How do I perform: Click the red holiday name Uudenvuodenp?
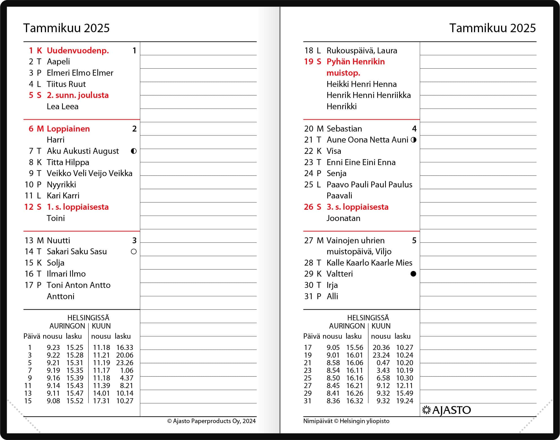(x=78, y=51)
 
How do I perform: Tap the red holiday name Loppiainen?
(x=68, y=129)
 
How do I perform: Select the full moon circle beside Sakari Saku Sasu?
(x=134, y=251)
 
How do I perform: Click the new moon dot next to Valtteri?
(x=413, y=274)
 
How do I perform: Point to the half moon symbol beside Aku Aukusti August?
(x=134, y=151)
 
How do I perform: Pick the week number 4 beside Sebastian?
(x=414, y=129)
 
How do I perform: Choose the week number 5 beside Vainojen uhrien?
(x=414, y=240)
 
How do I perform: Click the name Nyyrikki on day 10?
(x=61, y=185)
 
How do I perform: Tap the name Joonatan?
(x=343, y=218)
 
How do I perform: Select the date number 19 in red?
(x=309, y=62)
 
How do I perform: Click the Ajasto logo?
(x=446, y=410)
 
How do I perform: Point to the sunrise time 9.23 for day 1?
(x=53, y=347)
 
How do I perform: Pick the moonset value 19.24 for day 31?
(x=405, y=401)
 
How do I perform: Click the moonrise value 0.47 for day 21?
(x=383, y=363)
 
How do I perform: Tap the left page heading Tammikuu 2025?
(x=66, y=28)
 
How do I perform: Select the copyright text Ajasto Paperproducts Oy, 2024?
(x=212, y=421)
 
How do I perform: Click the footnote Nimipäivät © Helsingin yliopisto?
(x=346, y=421)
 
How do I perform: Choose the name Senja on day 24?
(x=336, y=173)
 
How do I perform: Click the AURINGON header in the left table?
(x=67, y=326)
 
